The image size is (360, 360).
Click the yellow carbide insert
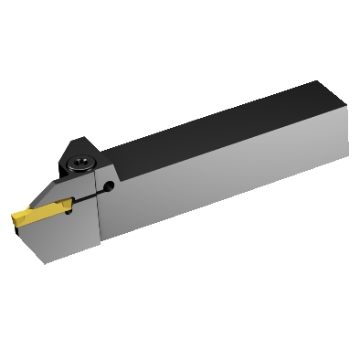pyautogui.click(x=32, y=218)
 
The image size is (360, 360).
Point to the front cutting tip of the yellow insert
pyautogui.click(x=14, y=220)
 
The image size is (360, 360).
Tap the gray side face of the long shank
pyautogui.click(x=228, y=174)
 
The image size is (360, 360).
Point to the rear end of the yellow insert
pyautogui.click(x=53, y=213)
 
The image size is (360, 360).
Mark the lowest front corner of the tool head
pyautogui.click(x=44, y=262)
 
